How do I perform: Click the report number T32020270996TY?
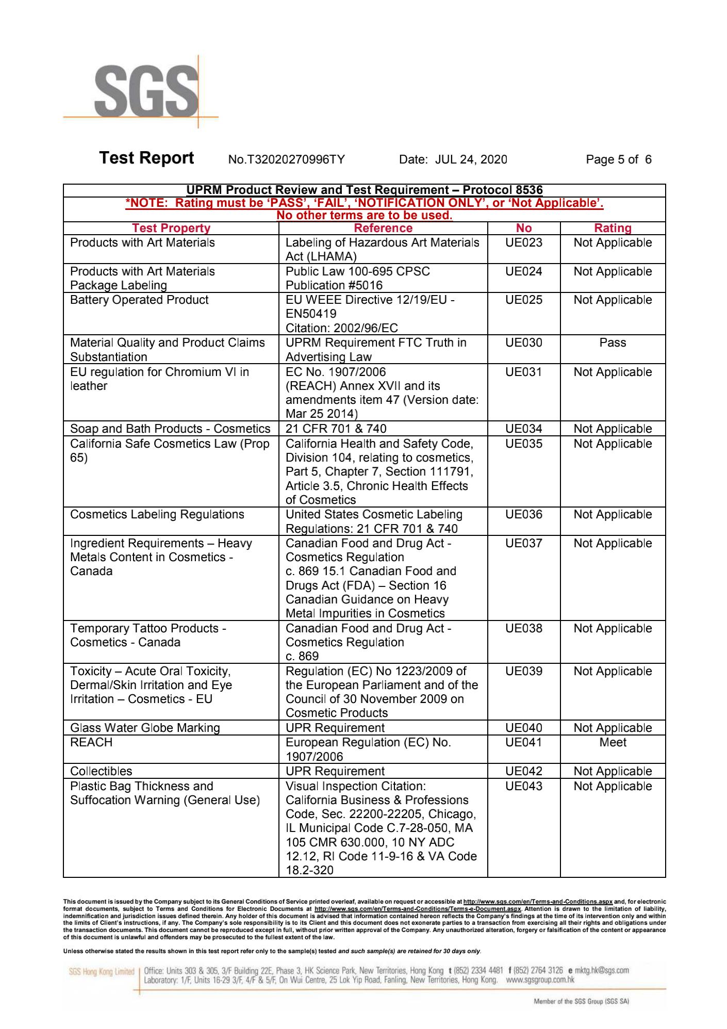click(286, 159)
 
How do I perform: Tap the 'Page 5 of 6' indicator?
click(618, 159)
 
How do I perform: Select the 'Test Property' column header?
click(171, 228)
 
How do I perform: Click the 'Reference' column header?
click(383, 228)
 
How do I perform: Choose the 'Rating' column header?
click(613, 228)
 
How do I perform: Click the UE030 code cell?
click(523, 343)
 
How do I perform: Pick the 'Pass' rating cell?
click(613, 343)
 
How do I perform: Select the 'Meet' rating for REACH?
click(613, 742)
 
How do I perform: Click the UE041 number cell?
click(523, 742)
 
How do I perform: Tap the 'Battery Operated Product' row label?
click(139, 300)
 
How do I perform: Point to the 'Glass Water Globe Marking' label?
click(145, 728)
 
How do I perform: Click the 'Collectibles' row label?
click(101, 771)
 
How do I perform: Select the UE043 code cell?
click(523, 786)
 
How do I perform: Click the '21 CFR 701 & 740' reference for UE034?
click(336, 429)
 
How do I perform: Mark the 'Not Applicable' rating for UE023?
click(613, 243)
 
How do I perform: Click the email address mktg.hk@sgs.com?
click(601, 970)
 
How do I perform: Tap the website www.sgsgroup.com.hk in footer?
click(540, 979)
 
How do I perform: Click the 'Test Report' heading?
click(146, 158)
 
